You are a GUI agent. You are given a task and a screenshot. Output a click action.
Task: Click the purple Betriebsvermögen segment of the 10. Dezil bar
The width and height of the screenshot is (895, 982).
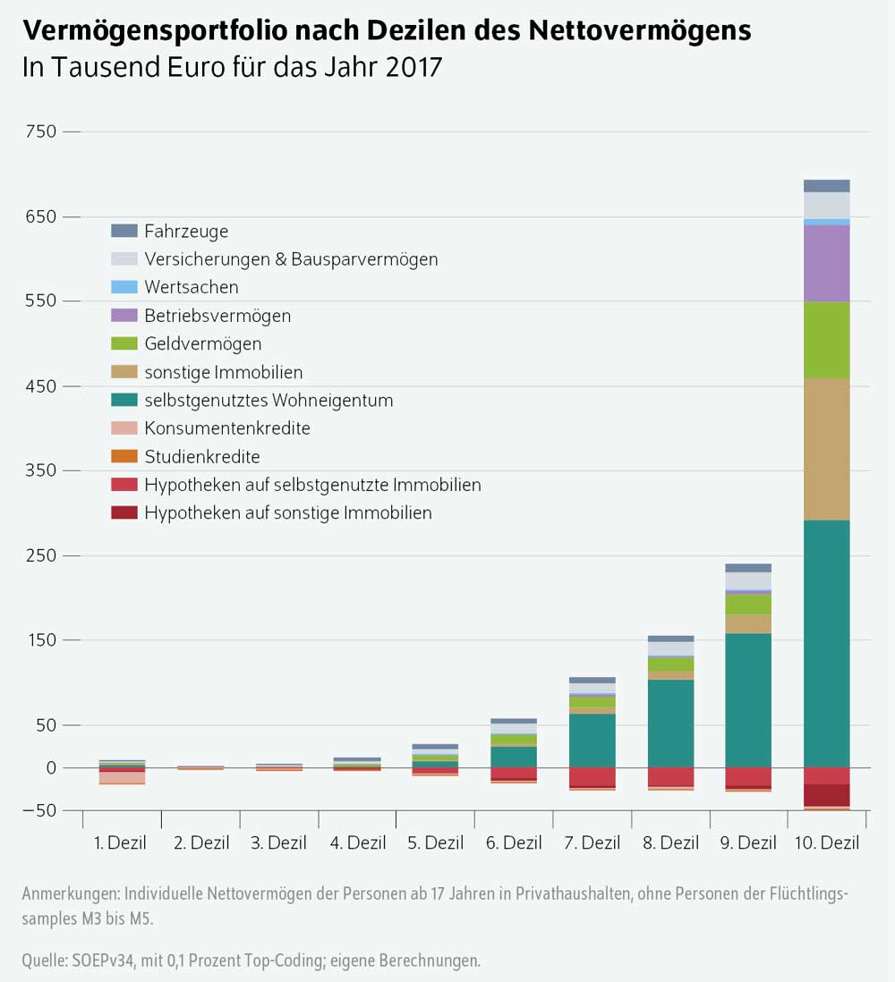click(x=826, y=263)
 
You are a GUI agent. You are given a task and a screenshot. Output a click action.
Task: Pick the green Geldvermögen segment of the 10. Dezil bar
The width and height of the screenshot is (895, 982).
click(x=826, y=340)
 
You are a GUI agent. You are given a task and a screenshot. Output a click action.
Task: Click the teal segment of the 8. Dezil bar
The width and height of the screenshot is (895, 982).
click(x=670, y=724)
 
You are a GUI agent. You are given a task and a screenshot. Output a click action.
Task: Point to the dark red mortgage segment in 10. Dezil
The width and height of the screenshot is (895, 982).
click(x=826, y=795)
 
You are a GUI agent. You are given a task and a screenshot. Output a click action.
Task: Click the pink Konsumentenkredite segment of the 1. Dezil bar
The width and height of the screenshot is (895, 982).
click(x=122, y=777)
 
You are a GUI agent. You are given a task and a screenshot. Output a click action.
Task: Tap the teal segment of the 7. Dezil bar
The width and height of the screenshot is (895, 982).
click(x=592, y=741)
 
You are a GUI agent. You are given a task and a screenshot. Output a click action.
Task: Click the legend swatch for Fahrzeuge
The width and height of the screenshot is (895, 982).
click(x=124, y=231)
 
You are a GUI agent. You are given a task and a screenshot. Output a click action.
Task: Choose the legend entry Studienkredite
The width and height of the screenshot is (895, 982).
click(x=201, y=457)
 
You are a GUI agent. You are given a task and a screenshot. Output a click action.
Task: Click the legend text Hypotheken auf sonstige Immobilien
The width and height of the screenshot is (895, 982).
click(x=287, y=513)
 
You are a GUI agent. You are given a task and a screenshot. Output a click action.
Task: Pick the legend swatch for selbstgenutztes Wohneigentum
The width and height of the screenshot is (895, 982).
click(x=124, y=401)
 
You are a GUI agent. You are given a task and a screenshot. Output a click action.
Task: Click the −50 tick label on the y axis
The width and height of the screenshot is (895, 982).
click(x=39, y=810)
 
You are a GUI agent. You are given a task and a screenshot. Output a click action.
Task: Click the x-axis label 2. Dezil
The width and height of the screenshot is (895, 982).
click(x=200, y=842)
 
